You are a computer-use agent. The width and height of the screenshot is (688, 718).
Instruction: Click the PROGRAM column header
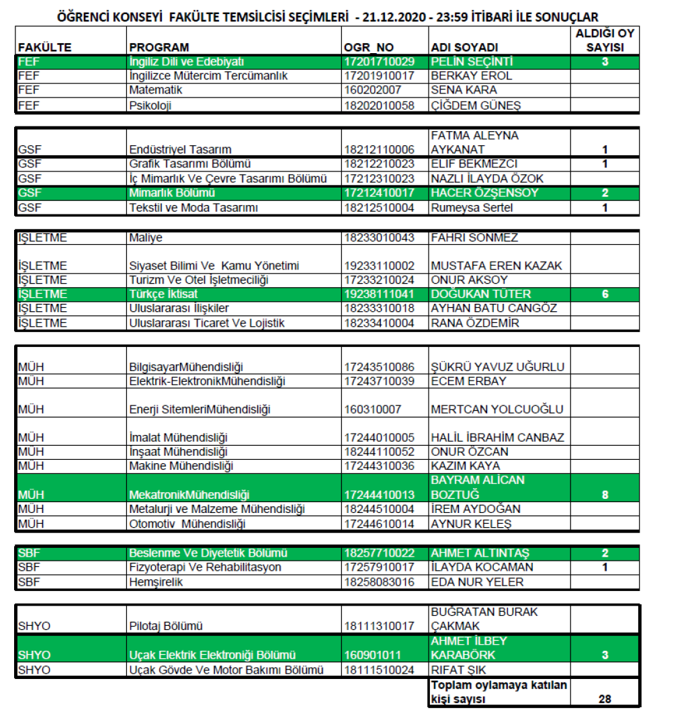tap(159, 47)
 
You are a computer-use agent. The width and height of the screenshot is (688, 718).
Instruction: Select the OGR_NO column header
tap(368, 47)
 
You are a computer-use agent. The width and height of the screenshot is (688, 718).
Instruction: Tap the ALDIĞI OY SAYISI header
tap(604, 40)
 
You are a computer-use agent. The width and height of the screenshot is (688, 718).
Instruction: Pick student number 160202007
tap(375, 90)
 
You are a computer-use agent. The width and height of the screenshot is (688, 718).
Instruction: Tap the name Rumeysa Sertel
tap(472, 208)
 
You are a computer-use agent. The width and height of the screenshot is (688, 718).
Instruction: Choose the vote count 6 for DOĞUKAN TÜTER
tap(605, 294)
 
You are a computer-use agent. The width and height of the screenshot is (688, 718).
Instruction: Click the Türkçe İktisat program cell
tap(163, 294)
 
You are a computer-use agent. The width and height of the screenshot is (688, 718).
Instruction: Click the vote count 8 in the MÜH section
tap(605, 495)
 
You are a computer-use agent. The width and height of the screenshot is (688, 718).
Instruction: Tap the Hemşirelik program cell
tap(156, 582)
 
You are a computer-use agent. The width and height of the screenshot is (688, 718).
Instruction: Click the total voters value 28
tap(605, 699)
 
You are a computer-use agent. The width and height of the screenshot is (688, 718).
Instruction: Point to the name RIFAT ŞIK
tap(458, 670)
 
